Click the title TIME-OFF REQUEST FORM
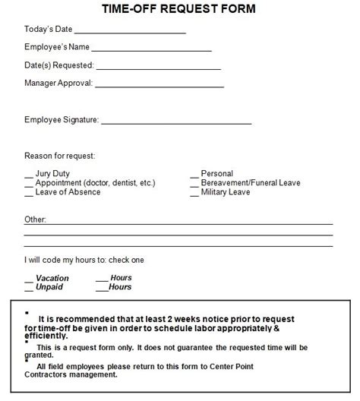[179, 9]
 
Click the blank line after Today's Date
[130, 32]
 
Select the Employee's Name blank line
[151, 49]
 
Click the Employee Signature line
[175, 122]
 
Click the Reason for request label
[59, 156]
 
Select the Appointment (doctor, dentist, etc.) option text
[95, 183]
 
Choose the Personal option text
[217, 174]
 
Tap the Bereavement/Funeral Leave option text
[251, 183]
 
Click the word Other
[35, 219]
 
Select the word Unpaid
[50, 287]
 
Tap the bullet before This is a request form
[27, 341]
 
